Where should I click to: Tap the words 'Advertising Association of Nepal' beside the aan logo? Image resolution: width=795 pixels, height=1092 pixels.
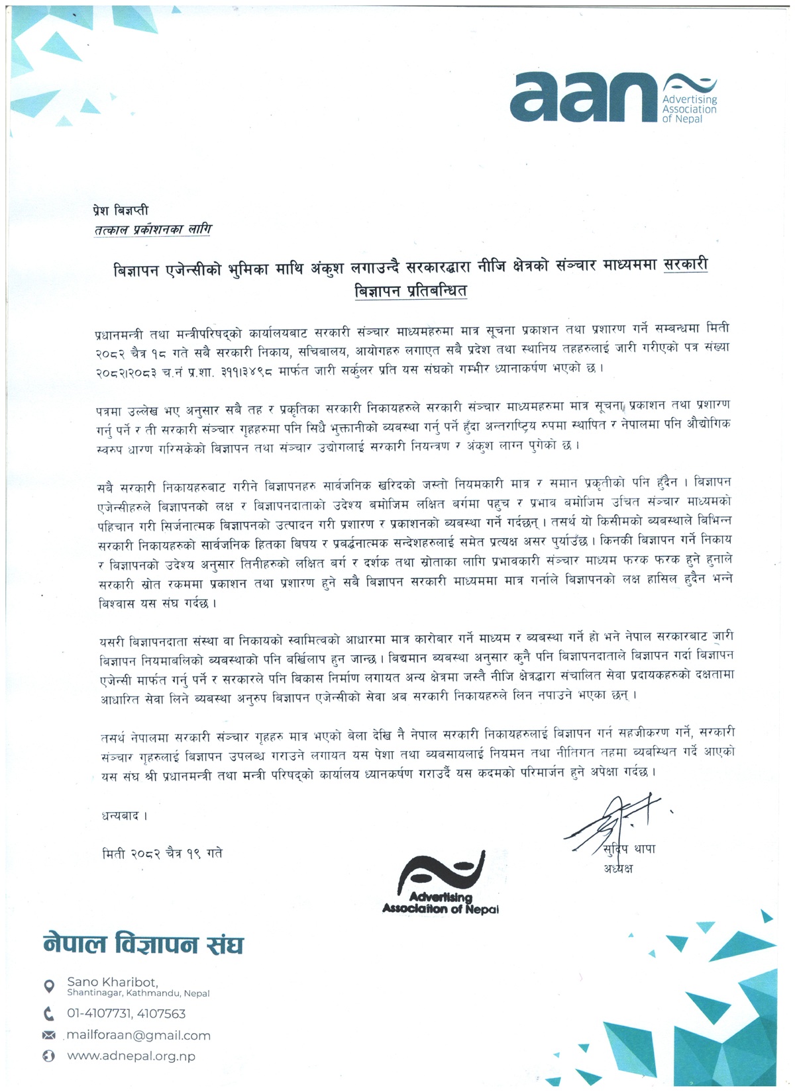(689, 109)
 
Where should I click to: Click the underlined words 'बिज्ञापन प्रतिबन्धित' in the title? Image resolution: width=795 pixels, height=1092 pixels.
(411, 290)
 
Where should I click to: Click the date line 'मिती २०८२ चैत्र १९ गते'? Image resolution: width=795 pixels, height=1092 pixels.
(162, 854)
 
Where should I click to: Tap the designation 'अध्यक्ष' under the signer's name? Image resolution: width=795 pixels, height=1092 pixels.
(617, 868)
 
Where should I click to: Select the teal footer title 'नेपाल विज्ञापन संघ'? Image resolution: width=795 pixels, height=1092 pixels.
(143, 944)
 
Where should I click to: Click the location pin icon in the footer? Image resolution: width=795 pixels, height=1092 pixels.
(48, 987)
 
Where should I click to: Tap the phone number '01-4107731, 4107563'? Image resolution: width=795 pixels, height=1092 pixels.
(126, 1013)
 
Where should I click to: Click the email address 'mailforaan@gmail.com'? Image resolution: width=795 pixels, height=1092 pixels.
(138, 1035)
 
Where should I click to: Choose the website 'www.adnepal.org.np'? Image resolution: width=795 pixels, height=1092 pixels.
(131, 1056)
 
